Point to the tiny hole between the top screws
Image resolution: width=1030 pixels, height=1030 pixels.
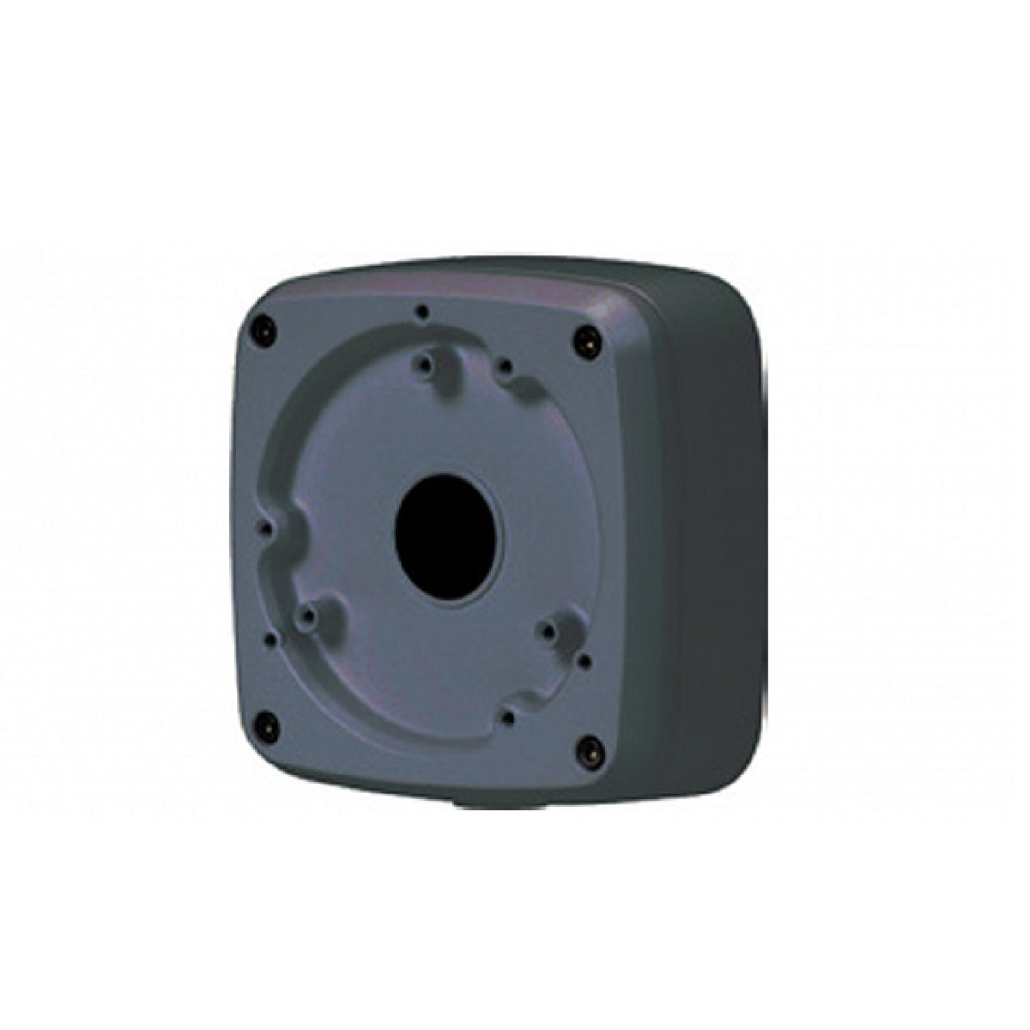point(421,312)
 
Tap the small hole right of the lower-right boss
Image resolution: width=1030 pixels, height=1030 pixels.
point(585,661)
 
